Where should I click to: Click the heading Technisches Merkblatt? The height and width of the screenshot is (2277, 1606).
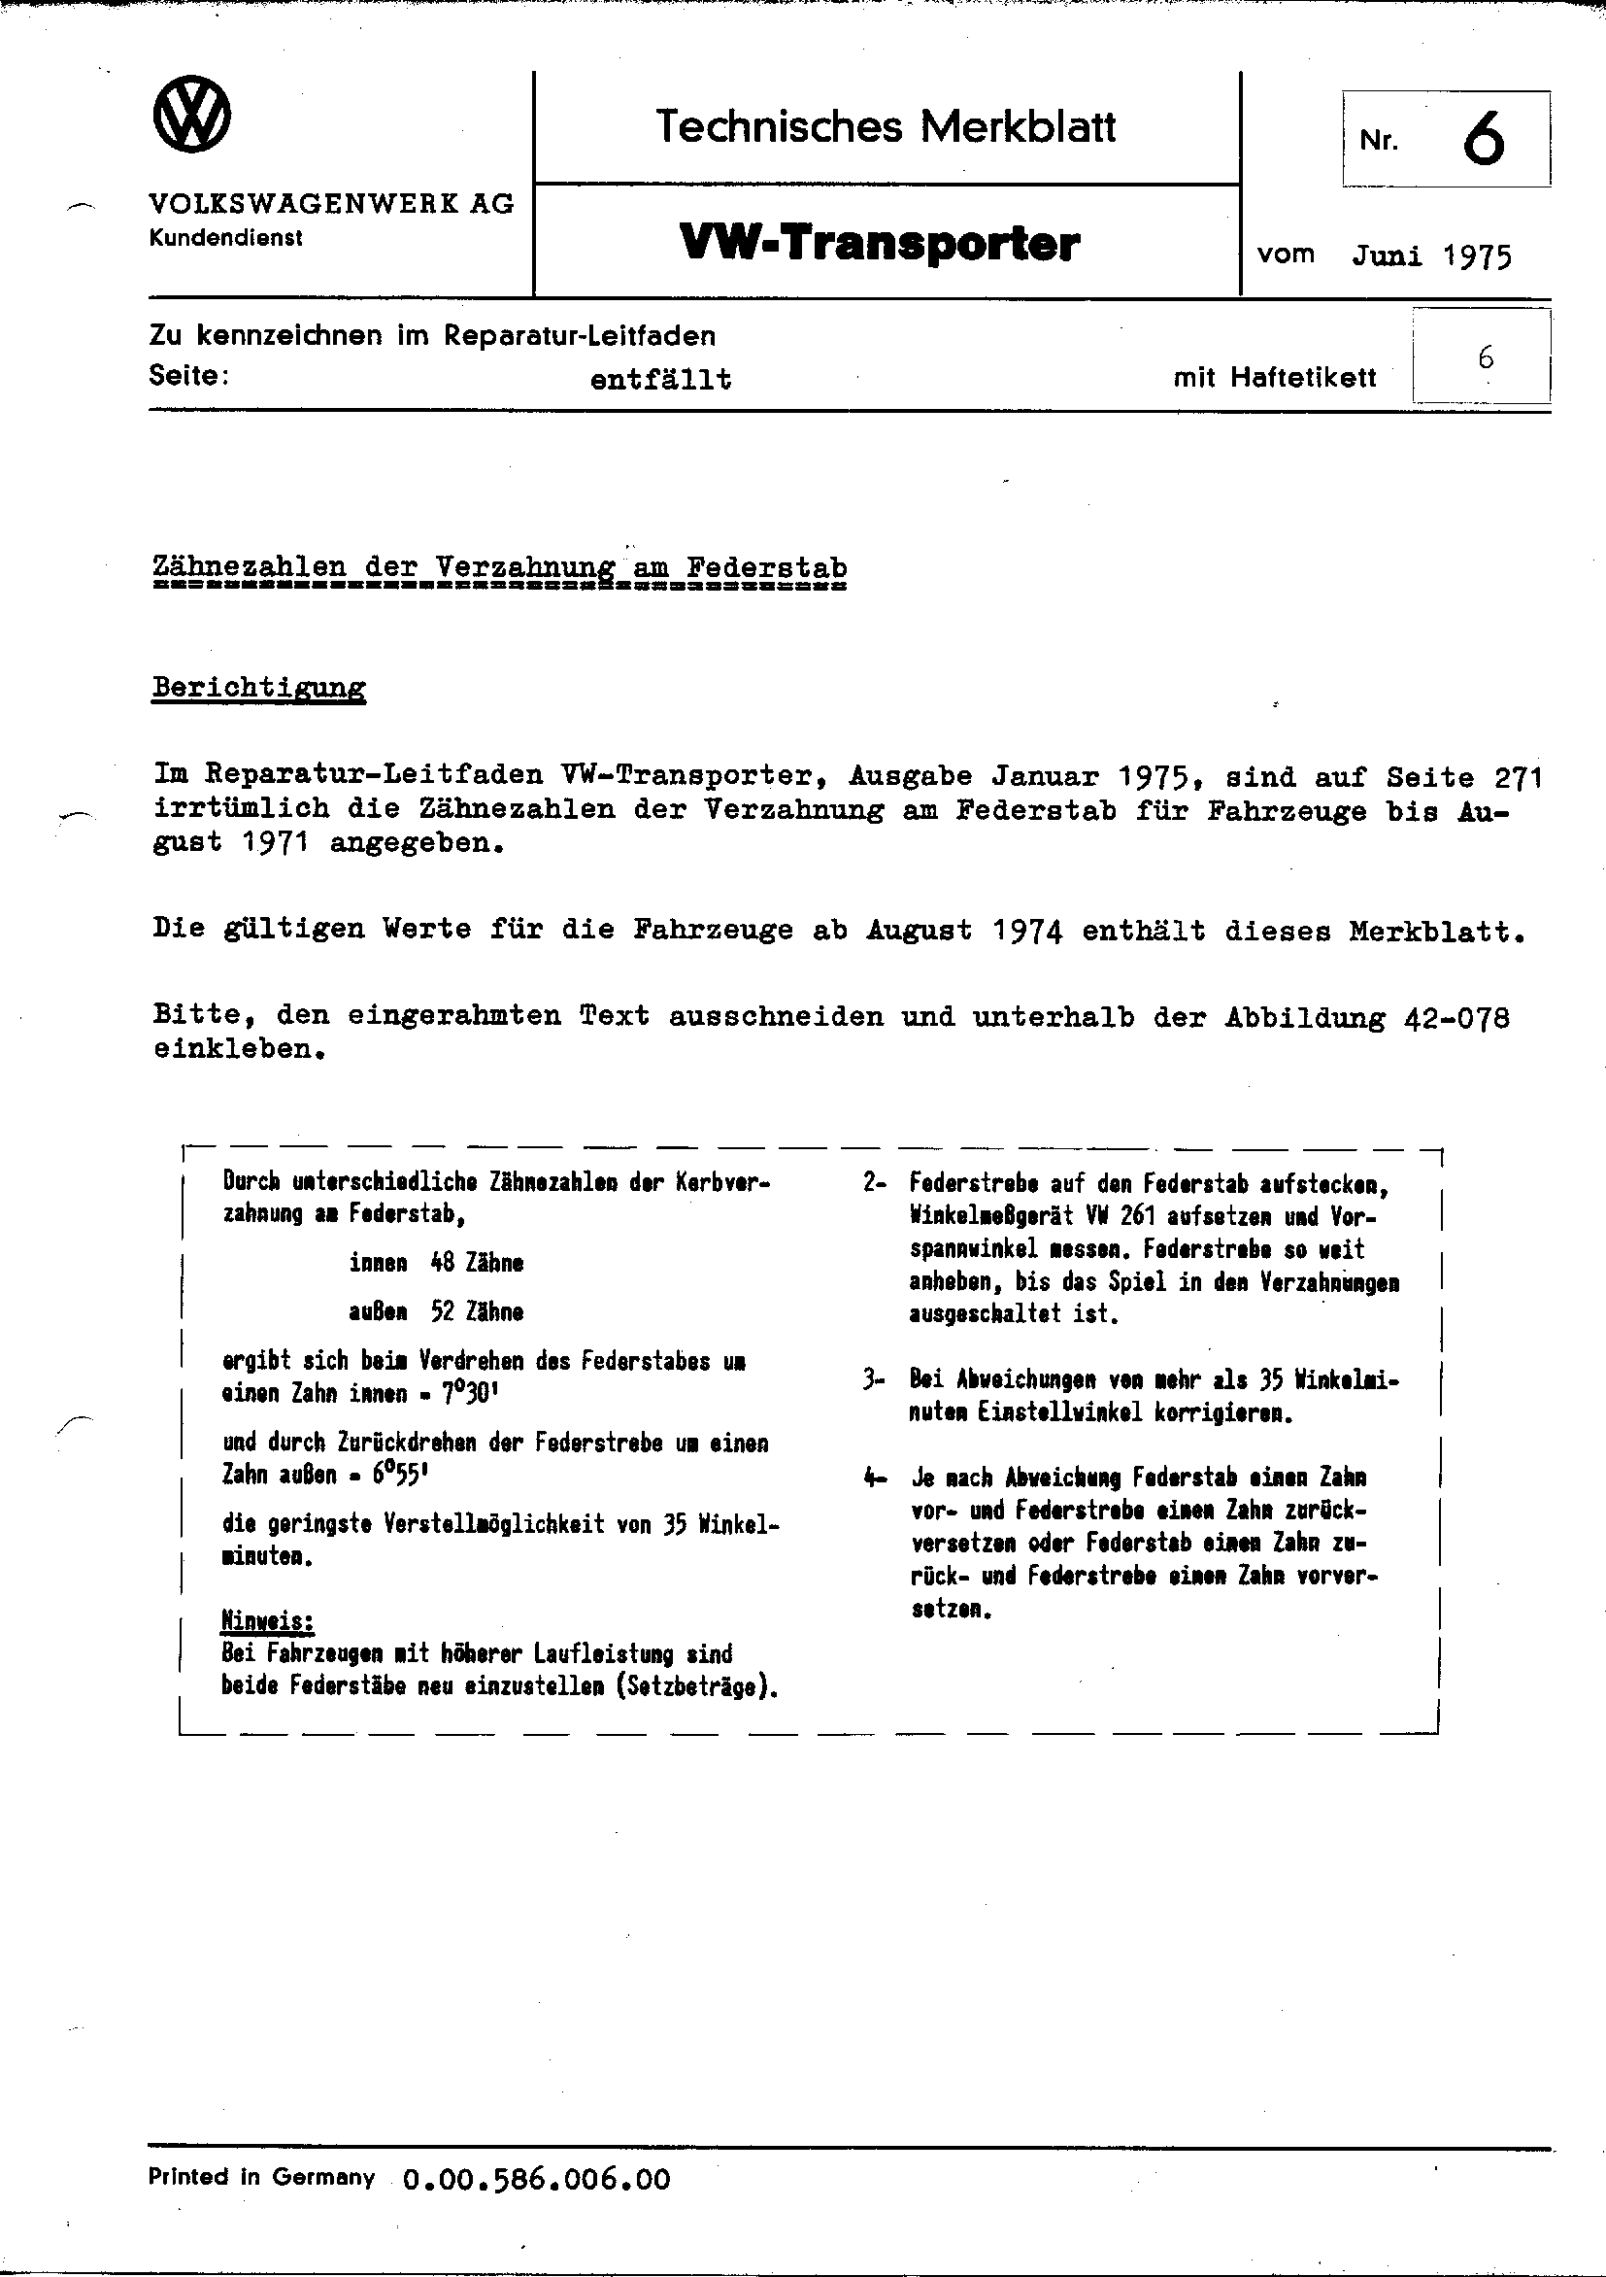(x=886, y=127)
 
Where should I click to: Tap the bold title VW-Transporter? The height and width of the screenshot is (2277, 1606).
(x=880, y=243)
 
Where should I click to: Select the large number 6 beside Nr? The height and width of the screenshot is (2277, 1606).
(x=1482, y=140)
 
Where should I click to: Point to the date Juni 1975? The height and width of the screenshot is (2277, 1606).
(x=1431, y=255)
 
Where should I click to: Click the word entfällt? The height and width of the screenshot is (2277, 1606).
(x=660, y=380)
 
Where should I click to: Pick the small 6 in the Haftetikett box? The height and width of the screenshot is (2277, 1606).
(x=1484, y=358)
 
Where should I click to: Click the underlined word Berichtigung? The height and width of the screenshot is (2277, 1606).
(x=258, y=689)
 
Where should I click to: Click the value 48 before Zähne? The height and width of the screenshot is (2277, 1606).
(x=442, y=1264)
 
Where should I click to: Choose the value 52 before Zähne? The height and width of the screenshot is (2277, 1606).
(x=442, y=1312)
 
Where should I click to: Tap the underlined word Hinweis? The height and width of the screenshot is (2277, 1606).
(x=268, y=1621)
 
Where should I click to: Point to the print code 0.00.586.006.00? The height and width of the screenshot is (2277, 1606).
(x=536, y=2207)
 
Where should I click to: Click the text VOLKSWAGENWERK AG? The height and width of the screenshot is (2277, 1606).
(x=331, y=204)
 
